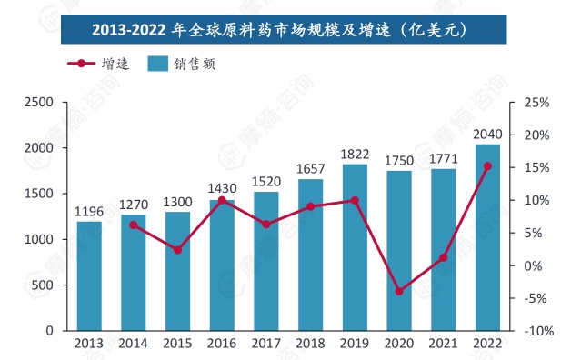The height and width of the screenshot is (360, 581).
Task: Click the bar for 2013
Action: click(x=89, y=275)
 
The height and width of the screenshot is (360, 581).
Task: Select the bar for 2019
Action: click(x=355, y=247)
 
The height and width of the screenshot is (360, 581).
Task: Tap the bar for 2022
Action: click(x=487, y=237)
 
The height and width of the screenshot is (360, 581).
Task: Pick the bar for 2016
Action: click(x=222, y=265)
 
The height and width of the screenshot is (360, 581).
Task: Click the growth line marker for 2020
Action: click(x=399, y=292)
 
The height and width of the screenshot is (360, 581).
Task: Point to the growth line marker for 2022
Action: click(x=487, y=166)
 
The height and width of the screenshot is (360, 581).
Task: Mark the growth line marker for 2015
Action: click(x=178, y=250)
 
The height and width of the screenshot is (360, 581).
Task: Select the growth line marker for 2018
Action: click(x=311, y=206)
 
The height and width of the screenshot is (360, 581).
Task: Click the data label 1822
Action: click(x=355, y=155)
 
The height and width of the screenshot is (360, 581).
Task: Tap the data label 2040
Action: click(x=487, y=135)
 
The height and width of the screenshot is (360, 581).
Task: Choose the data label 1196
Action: click(x=89, y=212)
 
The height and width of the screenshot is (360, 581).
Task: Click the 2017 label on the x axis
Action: click(x=266, y=345)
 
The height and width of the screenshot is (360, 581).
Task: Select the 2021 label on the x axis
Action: click(x=444, y=345)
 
